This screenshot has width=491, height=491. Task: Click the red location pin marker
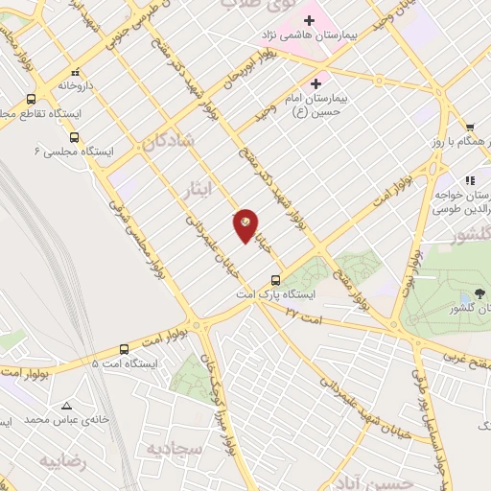[245, 225]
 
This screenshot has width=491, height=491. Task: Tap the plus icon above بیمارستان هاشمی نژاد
[309, 18]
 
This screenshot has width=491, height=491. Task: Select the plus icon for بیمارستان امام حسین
[316, 82]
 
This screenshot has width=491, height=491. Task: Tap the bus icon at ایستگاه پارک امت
[276, 280]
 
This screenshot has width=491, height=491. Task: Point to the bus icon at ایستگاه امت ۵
[124, 349]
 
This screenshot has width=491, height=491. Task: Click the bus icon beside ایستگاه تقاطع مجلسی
[32, 99]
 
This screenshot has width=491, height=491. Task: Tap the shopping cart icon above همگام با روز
[470, 127]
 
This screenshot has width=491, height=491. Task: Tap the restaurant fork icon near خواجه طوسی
[470, 179]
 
